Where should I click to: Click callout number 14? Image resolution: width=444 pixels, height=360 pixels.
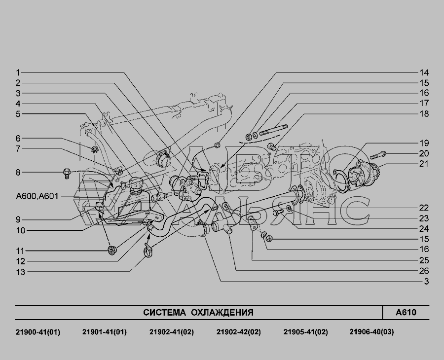pyautogui.click(x=424, y=72)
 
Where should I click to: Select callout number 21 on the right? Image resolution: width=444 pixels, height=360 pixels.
pyautogui.click(x=424, y=164)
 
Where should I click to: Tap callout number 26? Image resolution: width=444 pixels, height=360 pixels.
pyautogui.click(x=424, y=271)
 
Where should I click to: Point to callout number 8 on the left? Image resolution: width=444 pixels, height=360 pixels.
pyautogui.click(x=18, y=173)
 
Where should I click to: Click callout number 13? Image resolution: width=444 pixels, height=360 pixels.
pyautogui.click(x=20, y=272)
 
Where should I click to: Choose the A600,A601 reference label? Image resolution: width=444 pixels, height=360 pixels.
pyautogui.click(x=37, y=196)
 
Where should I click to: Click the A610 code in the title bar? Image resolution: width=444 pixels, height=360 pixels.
pyautogui.click(x=406, y=313)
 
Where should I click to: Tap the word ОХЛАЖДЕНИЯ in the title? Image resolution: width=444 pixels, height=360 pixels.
pyautogui.click(x=222, y=313)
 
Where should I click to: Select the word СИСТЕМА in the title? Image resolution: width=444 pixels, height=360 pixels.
pyautogui.click(x=164, y=313)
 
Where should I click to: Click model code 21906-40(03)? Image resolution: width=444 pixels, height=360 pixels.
pyautogui.click(x=371, y=332)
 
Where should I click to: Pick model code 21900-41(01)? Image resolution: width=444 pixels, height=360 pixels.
pyautogui.click(x=38, y=332)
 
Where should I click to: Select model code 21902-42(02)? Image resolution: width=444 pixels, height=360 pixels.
pyautogui.click(x=238, y=332)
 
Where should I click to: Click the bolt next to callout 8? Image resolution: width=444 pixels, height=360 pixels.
pyautogui.click(x=67, y=173)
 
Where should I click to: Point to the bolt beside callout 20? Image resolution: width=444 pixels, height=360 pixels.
pyautogui.click(x=378, y=155)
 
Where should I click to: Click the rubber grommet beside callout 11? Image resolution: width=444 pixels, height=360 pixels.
pyautogui.click(x=112, y=251)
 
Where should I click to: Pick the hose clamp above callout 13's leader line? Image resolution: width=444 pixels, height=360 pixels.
pyautogui.click(x=148, y=251)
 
